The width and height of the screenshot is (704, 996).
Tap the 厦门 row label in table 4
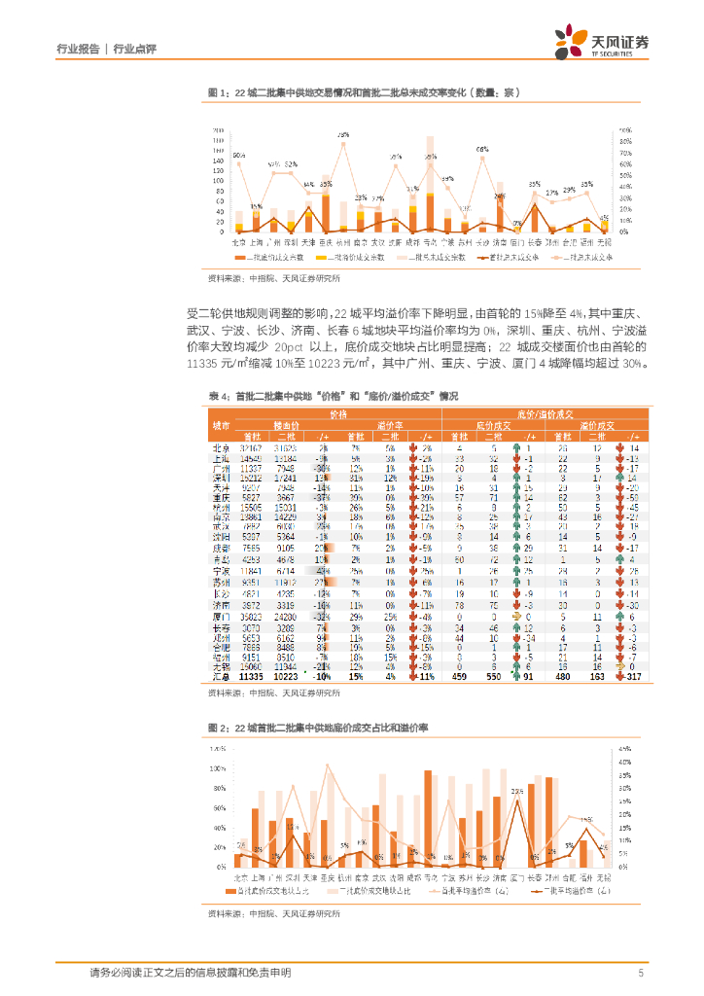coord(222,617)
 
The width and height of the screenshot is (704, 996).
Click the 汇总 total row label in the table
coord(222,675)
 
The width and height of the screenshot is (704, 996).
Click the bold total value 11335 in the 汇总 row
coord(253,675)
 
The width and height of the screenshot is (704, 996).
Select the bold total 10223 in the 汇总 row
coord(286,675)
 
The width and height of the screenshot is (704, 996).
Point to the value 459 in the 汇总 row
coord(458,675)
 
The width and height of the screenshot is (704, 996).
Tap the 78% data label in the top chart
coord(343,134)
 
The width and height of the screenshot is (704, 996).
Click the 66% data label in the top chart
coord(481,149)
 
